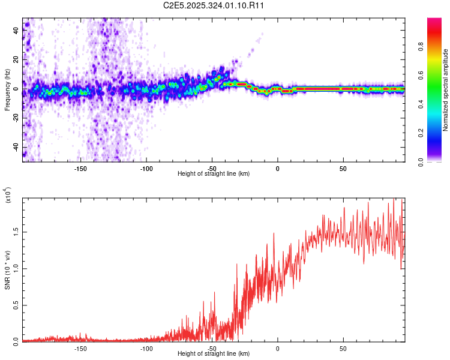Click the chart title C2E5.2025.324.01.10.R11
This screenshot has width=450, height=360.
[x=214, y=5]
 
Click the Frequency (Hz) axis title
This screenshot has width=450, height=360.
[x=7, y=89]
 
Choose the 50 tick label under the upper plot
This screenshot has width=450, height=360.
[x=343, y=168]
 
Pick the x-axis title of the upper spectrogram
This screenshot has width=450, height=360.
[x=214, y=174]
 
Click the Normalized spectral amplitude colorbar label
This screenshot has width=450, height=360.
[x=446, y=89]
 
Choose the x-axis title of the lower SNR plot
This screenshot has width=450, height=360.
[x=214, y=354]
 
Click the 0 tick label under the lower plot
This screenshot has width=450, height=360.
[x=278, y=348]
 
